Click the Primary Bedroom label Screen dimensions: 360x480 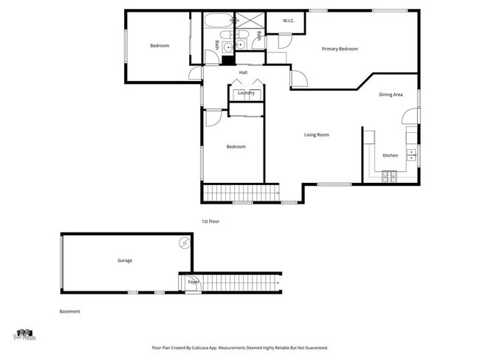340,49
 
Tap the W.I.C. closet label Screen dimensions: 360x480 289,21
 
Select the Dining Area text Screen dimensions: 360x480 391,94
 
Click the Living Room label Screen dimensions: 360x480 317,135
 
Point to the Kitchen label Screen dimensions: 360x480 390,156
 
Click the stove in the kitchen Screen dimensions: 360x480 389,175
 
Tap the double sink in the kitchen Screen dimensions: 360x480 413,154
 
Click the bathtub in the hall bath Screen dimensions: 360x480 216,22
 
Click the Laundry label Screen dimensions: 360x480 246,93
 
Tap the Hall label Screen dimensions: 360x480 243,72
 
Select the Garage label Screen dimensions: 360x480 125,260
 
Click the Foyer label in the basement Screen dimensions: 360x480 193,282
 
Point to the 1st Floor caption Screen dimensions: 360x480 210,221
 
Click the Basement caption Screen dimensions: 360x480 69,311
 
